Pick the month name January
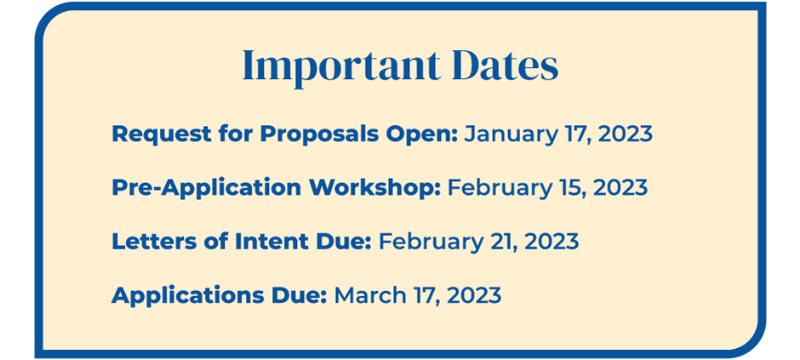[x=503, y=134]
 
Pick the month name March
[x=369, y=295]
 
